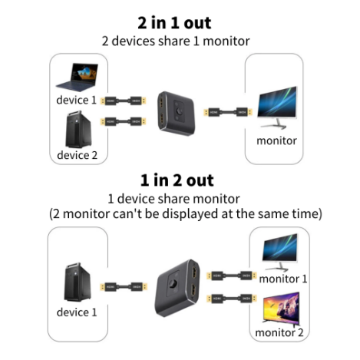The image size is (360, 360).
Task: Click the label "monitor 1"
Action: coord(282,279)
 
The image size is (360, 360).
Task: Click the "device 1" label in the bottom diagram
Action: coord(77,312)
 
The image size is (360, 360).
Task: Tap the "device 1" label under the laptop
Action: coord(77,101)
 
